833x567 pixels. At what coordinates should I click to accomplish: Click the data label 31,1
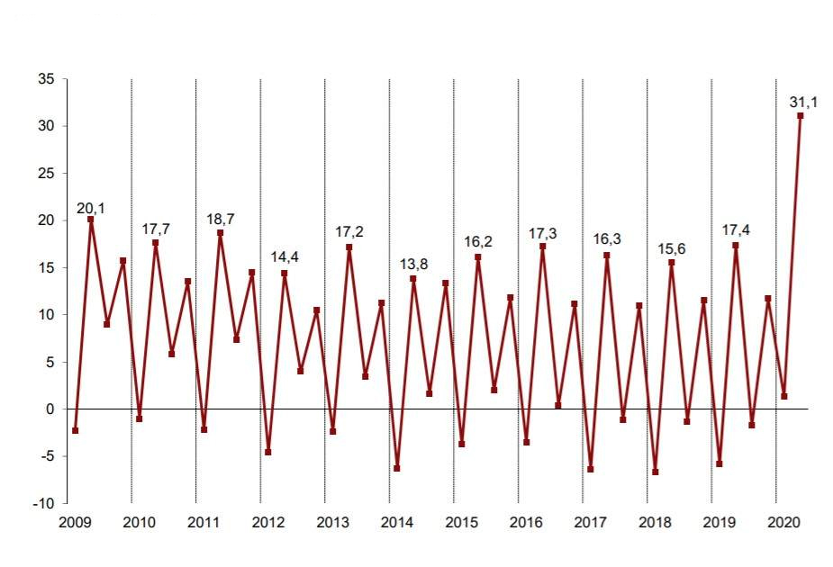click(803, 103)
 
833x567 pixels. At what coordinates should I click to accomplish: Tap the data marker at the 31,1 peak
click(801, 115)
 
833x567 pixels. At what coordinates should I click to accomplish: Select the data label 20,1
click(91, 209)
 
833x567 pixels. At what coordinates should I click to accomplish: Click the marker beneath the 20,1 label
click(91, 220)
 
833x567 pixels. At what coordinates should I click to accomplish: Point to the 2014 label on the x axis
click(396, 522)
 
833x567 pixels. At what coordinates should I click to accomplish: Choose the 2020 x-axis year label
click(783, 522)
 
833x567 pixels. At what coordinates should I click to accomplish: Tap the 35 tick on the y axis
click(48, 79)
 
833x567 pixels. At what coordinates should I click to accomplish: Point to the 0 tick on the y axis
click(51, 409)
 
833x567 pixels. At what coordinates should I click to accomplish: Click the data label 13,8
click(413, 265)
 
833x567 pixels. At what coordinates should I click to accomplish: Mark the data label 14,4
click(285, 257)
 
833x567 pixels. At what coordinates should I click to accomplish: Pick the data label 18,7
click(220, 220)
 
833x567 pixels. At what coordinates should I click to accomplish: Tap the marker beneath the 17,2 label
click(349, 247)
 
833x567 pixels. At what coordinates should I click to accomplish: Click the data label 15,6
click(671, 248)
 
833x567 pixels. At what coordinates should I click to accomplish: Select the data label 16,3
click(607, 240)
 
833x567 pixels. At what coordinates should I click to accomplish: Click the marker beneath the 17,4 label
click(736, 246)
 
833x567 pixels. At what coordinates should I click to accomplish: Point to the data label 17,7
click(156, 229)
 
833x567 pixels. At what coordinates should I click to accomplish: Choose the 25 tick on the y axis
click(48, 174)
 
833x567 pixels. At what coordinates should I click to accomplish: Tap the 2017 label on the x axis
click(590, 522)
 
